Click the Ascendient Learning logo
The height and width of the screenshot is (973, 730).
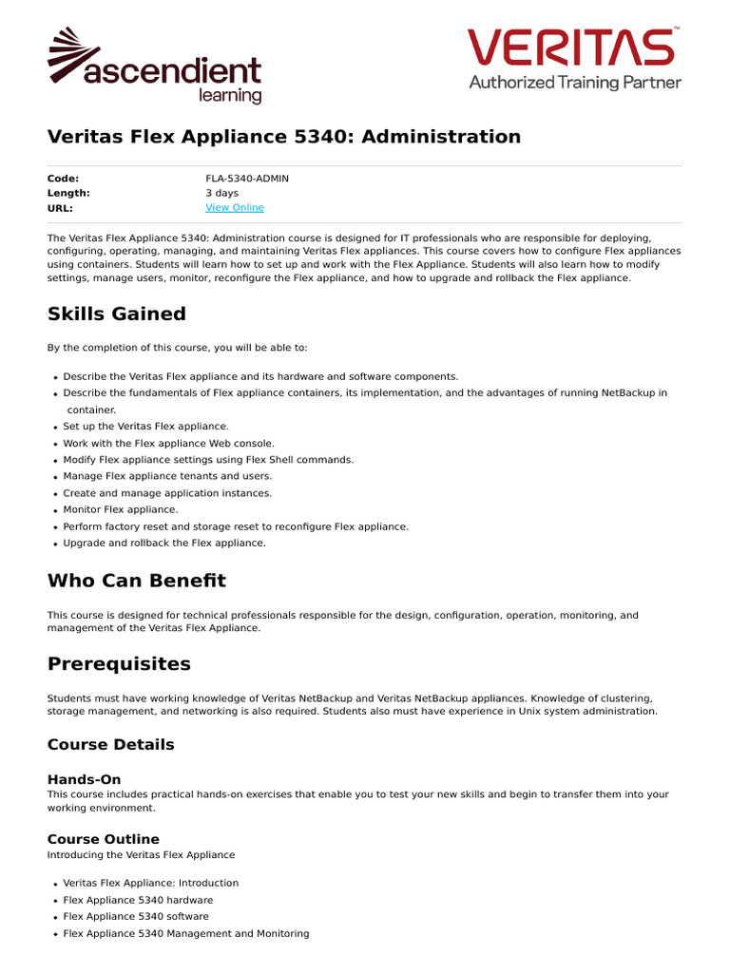[154, 67]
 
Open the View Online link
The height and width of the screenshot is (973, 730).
[235, 208]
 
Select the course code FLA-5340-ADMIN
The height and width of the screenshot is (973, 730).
[247, 179]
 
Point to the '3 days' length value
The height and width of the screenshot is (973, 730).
[221, 193]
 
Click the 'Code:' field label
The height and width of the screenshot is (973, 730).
[64, 179]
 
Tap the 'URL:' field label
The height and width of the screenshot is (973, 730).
[60, 208]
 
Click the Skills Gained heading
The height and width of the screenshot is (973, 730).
[117, 315]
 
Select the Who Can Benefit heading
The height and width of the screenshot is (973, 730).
[137, 581]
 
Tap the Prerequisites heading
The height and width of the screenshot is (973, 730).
[119, 664]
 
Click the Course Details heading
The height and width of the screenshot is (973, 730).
[111, 745]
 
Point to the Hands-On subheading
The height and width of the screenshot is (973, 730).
[85, 780]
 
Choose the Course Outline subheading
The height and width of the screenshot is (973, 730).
[104, 840]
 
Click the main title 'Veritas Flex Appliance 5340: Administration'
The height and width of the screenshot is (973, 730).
[284, 137]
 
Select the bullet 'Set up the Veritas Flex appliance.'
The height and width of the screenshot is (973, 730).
[145, 427]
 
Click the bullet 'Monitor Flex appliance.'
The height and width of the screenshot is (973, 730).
[121, 510]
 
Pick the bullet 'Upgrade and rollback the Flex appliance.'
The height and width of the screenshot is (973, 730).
[164, 544]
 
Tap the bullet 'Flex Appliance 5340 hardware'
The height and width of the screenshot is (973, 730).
[138, 901]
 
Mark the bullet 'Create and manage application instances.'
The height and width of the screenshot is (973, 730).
[167, 493]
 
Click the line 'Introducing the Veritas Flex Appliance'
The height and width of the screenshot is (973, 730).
[141, 855]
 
